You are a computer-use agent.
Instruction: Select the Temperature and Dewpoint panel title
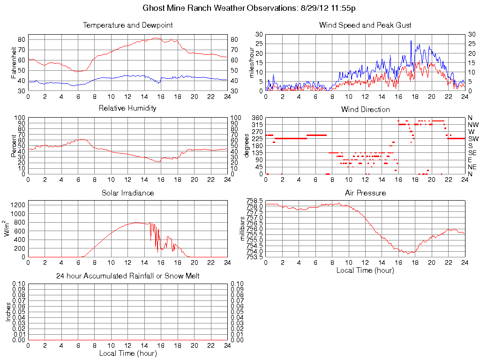point(127,25)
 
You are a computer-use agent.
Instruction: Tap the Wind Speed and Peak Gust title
point(365,25)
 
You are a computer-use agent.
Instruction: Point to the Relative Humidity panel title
point(127,108)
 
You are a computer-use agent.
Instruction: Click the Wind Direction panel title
point(365,110)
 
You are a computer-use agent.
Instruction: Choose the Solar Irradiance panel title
point(127,193)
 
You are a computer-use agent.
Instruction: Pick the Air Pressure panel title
point(365,193)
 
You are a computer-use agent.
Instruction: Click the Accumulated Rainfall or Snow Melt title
point(127,276)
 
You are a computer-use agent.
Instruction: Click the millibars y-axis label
point(243,229)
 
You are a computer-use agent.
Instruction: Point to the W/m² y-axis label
point(7,228)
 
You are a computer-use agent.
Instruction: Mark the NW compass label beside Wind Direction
point(473,125)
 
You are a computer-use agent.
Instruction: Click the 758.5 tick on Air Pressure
point(254,201)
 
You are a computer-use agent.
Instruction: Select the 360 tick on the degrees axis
point(256,118)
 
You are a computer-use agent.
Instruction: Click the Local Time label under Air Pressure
point(365,270)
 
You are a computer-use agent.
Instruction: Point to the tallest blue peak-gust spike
point(411,41)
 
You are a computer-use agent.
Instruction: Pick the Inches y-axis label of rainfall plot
point(8,312)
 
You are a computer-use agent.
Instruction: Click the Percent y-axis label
point(14,145)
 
